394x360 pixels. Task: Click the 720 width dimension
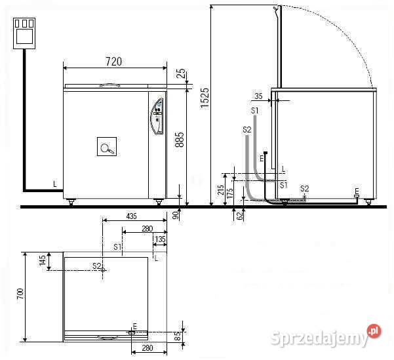click(113, 62)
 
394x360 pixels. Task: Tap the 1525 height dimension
click(205, 98)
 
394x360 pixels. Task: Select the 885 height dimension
click(180, 140)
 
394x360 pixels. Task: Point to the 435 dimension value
click(131, 216)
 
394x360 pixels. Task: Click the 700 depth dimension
click(20, 294)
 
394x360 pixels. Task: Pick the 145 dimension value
click(43, 260)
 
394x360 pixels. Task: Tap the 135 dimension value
click(161, 239)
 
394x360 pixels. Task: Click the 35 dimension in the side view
click(258, 96)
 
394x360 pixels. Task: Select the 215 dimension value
click(221, 190)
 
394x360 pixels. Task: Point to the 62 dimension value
click(240, 216)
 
